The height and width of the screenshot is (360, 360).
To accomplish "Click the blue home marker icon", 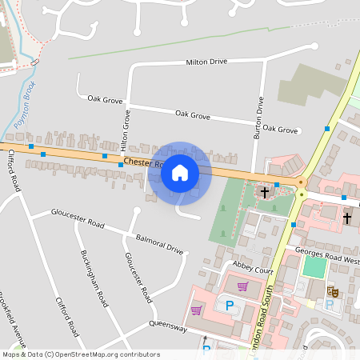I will click(180, 173).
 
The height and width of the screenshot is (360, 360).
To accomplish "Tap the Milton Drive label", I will click(206, 62).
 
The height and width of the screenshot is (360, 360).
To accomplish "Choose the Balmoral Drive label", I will click(160, 245).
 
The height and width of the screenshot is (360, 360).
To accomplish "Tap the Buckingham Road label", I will click(94, 279).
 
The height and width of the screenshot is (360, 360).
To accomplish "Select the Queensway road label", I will click(167, 327).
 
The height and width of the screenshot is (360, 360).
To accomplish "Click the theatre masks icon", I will click(335, 292).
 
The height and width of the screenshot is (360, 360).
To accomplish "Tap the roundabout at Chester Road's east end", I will click(302, 183).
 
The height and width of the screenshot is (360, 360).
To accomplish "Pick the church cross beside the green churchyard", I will click(264, 193).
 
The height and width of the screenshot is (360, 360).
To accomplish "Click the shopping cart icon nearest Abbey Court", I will click(242, 286).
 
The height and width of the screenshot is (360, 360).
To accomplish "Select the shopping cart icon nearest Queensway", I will click(196, 310).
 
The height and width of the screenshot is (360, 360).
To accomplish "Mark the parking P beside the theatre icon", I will click(328, 305).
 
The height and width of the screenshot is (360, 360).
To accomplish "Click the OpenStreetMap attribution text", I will click(80, 354).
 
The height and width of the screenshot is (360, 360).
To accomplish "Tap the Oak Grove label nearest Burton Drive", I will click(280, 129).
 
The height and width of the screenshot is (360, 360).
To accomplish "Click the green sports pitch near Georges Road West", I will click(315, 266).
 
